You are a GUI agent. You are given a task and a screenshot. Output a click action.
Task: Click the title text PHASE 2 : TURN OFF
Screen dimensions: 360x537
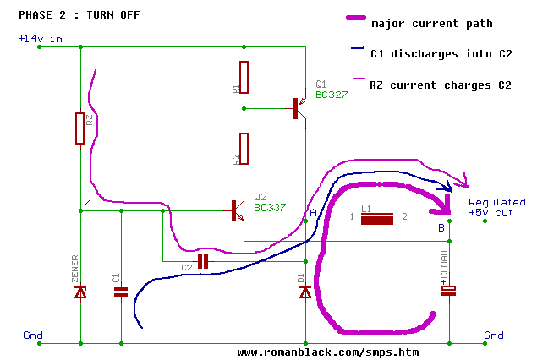(x=79, y=15)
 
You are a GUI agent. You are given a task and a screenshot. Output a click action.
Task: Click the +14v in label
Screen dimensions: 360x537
(x=37, y=39)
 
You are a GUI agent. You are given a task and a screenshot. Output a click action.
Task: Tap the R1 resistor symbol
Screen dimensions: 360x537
(x=244, y=77)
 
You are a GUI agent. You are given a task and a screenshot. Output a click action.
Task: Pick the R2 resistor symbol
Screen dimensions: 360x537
(x=244, y=149)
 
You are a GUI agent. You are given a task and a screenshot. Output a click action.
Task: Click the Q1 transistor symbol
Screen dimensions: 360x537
(x=298, y=108)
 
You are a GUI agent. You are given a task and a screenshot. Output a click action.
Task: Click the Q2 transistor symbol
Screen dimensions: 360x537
(x=236, y=211)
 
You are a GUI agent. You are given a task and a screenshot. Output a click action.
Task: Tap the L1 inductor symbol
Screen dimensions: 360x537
(x=377, y=220)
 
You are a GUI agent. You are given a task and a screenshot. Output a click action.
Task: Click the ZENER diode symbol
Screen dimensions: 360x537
(x=80, y=292)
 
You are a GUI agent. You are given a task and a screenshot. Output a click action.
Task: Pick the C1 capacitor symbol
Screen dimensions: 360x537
(x=121, y=292)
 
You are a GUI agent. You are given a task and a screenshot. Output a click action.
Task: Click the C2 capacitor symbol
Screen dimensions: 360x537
(x=203, y=262)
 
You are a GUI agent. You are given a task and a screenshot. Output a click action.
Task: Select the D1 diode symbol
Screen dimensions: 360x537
(x=305, y=292)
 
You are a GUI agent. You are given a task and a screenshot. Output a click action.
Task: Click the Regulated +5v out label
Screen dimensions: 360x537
(x=496, y=208)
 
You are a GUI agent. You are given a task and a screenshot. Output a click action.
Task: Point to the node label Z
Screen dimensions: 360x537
(x=87, y=202)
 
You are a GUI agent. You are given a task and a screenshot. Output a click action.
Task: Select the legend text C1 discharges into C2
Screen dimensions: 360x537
(x=441, y=53)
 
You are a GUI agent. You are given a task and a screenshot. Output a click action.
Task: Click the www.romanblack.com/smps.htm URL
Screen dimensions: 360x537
(x=328, y=352)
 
